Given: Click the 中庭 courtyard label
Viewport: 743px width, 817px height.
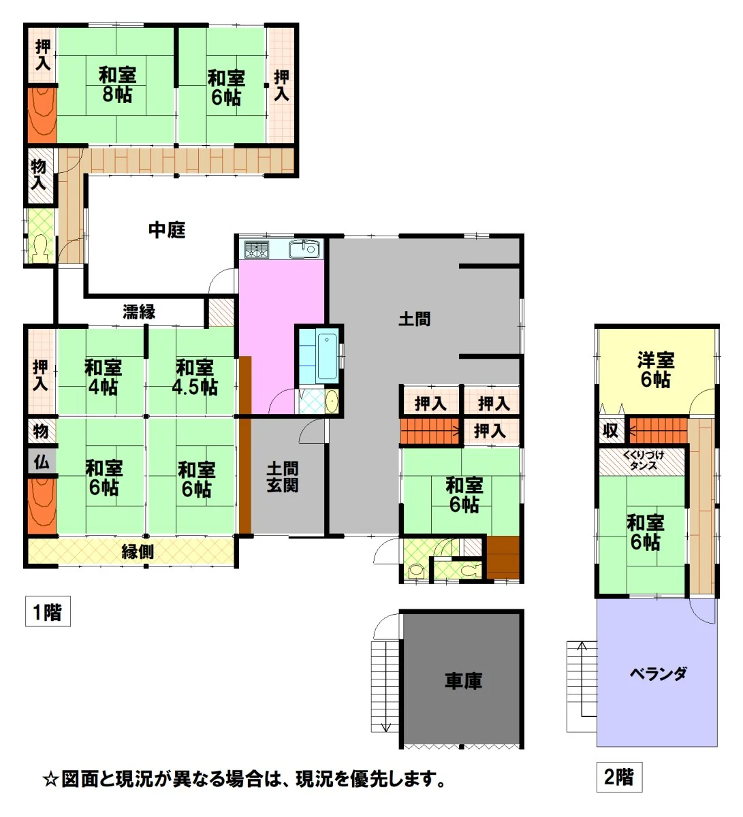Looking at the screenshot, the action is (x=167, y=230).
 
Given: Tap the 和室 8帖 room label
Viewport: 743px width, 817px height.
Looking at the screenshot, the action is (x=117, y=84).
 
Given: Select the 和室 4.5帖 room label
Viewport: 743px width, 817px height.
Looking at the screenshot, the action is (x=195, y=377).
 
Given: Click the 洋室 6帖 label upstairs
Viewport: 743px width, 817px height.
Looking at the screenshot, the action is (x=655, y=370).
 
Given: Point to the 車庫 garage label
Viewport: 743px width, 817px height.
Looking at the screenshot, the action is (x=463, y=681).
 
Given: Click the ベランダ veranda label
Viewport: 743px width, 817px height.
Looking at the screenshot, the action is (x=659, y=674).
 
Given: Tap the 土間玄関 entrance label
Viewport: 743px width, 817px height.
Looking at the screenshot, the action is (x=283, y=477).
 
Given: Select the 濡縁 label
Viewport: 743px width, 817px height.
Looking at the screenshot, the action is (x=139, y=312).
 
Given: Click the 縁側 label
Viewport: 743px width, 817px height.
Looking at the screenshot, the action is (x=138, y=552).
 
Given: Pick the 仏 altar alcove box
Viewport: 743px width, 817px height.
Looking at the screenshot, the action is (x=42, y=462).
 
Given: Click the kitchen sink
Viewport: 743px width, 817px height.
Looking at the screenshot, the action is (x=304, y=249).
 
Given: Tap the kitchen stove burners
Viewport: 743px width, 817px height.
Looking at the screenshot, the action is (x=256, y=249).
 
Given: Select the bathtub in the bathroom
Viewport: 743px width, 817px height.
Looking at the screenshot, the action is (x=328, y=357).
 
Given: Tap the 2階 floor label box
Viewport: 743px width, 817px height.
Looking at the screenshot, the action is (x=619, y=777).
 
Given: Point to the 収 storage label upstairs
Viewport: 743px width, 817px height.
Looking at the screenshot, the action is (x=610, y=430).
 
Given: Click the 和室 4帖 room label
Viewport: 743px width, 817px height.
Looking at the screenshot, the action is (x=103, y=377).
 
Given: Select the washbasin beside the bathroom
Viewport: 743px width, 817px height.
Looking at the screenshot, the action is (x=332, y=401).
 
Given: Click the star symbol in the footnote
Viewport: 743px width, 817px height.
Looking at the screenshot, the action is (x=51, y=780).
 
